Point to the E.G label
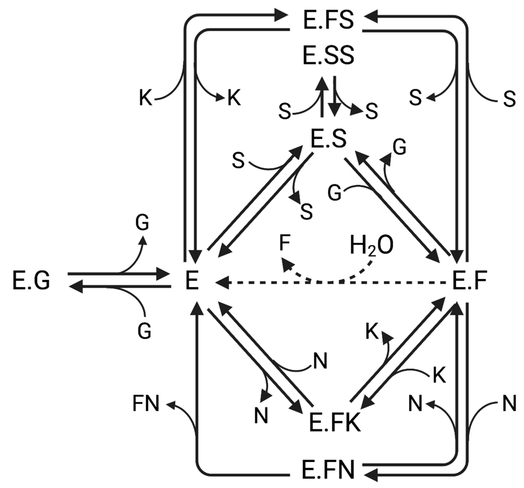point(31,281)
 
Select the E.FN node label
point(328,470)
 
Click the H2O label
point(371,245)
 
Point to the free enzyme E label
point(192,281)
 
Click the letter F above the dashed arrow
point(285,243)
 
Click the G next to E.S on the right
point(399,147)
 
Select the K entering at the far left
point(146,98)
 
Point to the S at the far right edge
point(509,99)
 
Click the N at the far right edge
point(509,404)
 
